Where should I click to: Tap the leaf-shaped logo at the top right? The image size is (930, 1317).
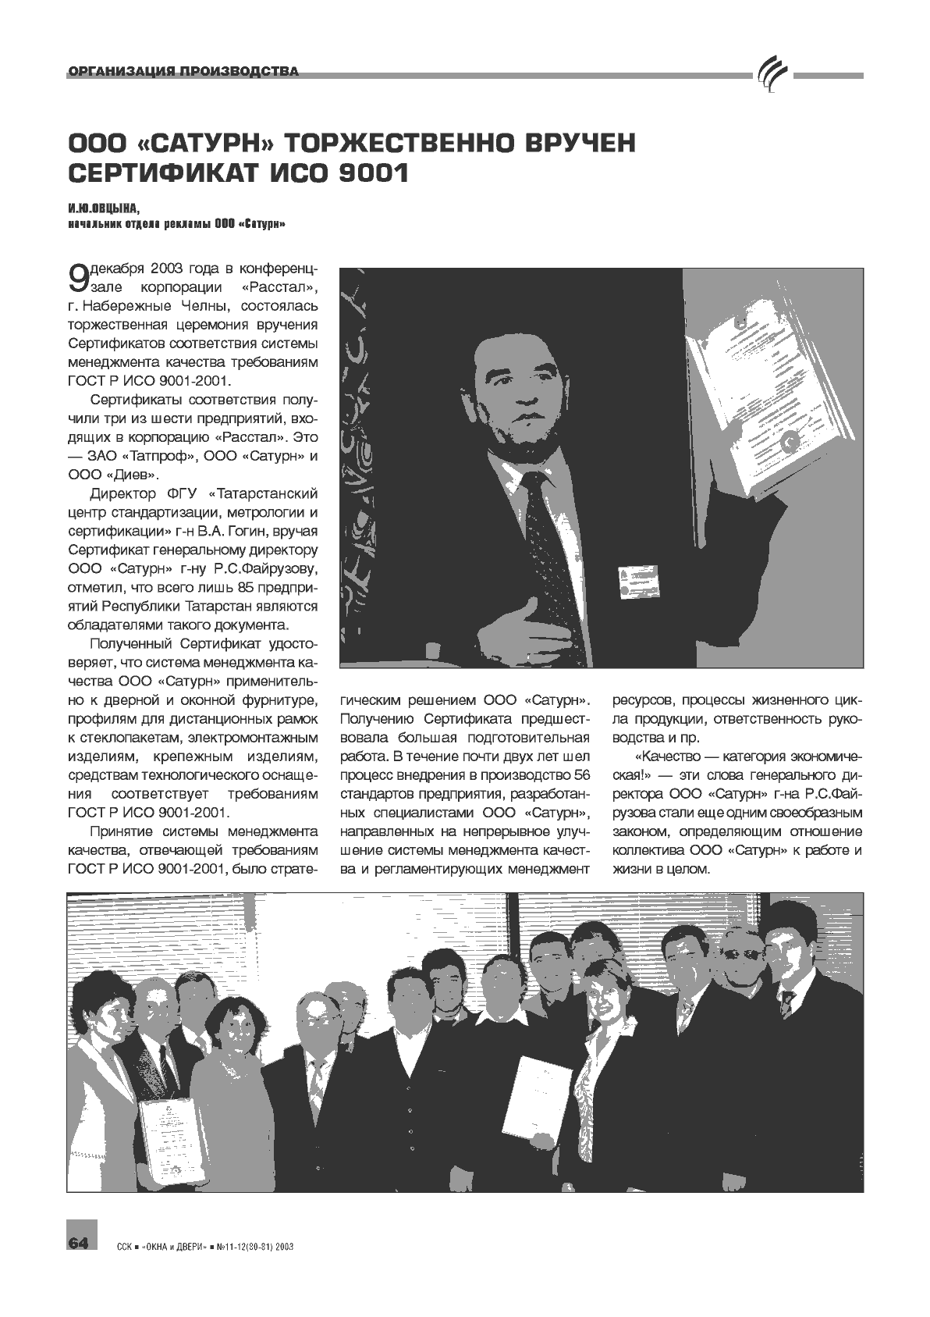pos(772,76)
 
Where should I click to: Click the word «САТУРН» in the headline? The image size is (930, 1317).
pos(204,144)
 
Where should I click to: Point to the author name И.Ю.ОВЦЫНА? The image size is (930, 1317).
pos(102,209)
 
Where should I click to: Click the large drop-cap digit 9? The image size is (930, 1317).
pos(78,277)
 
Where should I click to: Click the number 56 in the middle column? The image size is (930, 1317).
pos(582,774)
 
